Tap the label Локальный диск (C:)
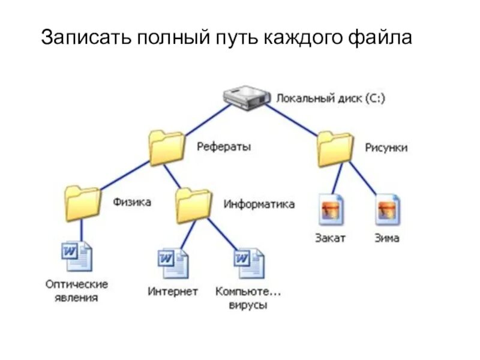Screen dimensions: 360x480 [x=331, y=97]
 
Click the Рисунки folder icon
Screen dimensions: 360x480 [x=335, y=149]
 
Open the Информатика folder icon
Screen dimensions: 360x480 [x=194, y=206]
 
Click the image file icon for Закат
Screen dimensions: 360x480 [x=331, y=209]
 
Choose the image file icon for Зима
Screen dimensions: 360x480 [x=388, y=209]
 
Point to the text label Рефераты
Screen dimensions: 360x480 [x=224, y=146]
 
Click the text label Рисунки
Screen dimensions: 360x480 [x=386, y=147]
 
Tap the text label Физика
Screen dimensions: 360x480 [x=132, y=202]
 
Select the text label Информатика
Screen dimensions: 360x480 [x=259, y=204]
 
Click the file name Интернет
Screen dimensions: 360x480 [x=173, y=292]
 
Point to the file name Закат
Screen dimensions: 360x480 [x=331, y=238]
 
